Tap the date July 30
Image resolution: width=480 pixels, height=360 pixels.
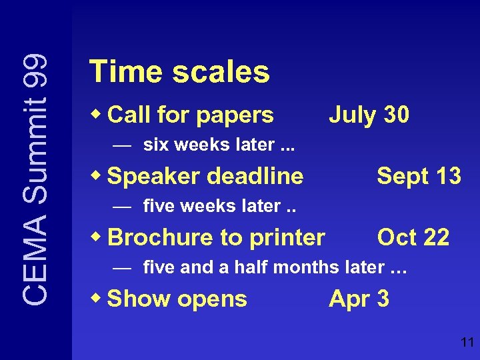tap(369, 115)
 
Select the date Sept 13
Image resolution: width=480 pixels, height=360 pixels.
tap(419, 176)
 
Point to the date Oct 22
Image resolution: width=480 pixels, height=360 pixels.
tap(413, 237)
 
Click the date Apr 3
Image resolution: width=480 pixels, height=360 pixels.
tap(359, 299)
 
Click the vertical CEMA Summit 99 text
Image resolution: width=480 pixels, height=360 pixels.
tap(34, 180)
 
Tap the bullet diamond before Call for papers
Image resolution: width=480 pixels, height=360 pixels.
tap(98, 114)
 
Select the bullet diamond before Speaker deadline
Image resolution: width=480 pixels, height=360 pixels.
tap(98, 175)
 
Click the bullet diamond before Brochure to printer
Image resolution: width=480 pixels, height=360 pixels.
tap(98, 236)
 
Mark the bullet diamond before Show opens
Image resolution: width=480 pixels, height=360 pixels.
tap(98, 297)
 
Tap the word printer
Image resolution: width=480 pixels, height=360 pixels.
tap(293, 238)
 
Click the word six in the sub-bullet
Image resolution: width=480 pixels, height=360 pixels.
tap(154, 145)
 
